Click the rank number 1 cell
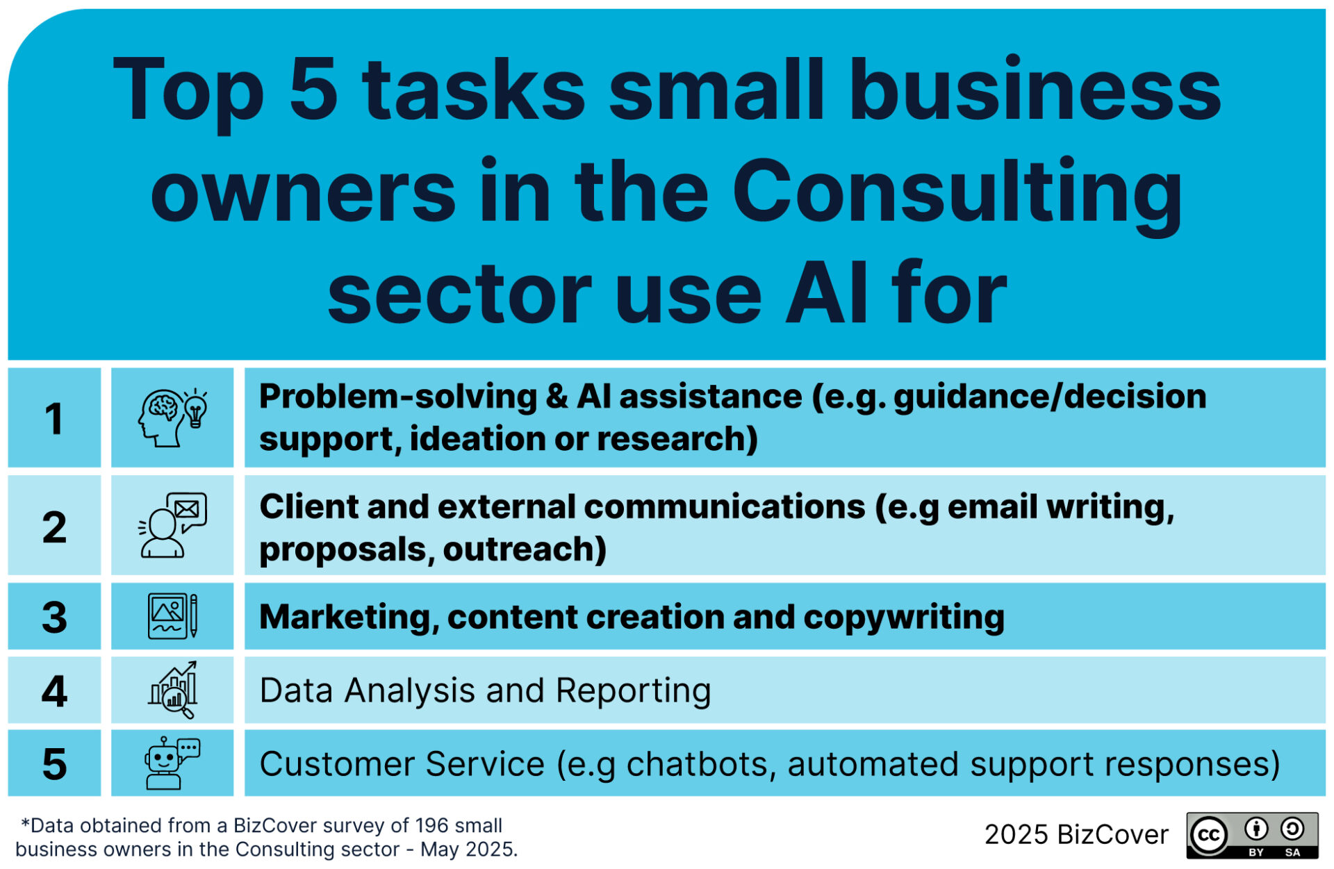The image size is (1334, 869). point(54,417)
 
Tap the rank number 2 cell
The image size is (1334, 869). point(54,526)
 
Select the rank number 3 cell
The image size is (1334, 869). point(54,616)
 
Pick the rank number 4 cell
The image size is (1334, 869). point(54,690)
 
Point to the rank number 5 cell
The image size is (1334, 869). point(54,763)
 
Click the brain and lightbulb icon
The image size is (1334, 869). point(172,417)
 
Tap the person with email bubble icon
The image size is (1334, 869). point(172,526)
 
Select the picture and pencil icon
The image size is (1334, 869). point(172,616)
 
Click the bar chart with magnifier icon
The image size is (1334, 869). point(172,690)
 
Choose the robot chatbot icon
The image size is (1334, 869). point(172,763)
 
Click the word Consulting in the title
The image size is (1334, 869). point(957,193)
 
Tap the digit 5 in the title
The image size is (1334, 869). point(313,89)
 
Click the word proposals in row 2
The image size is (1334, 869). point(347,550)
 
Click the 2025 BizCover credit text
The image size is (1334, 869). point(1076,834)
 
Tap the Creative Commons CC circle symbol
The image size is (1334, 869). point(1209,834)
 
